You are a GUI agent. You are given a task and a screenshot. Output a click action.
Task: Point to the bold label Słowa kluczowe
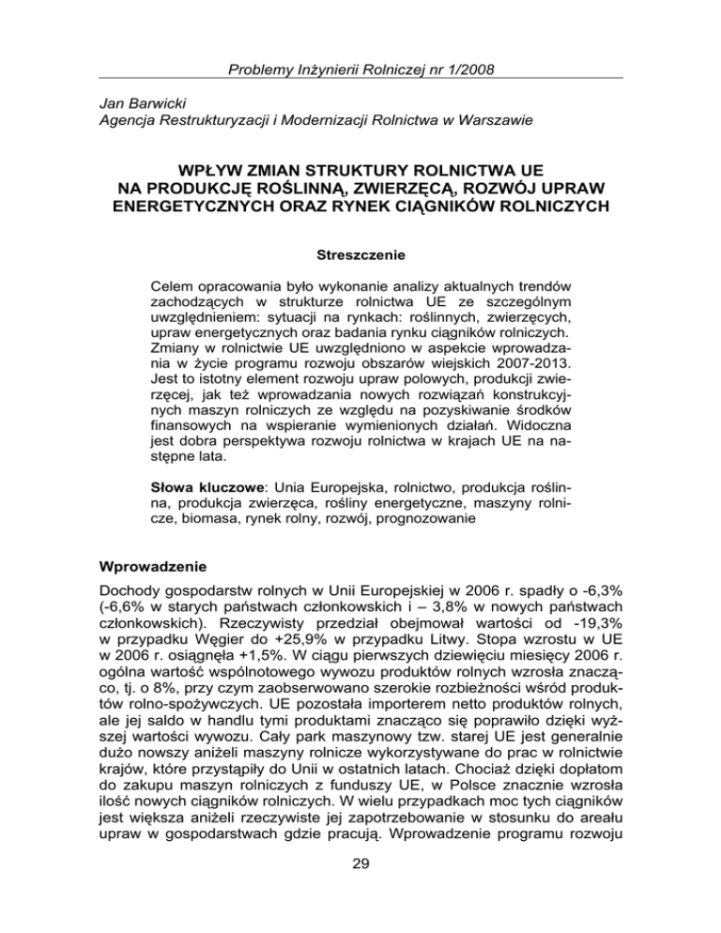point(207,488)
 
